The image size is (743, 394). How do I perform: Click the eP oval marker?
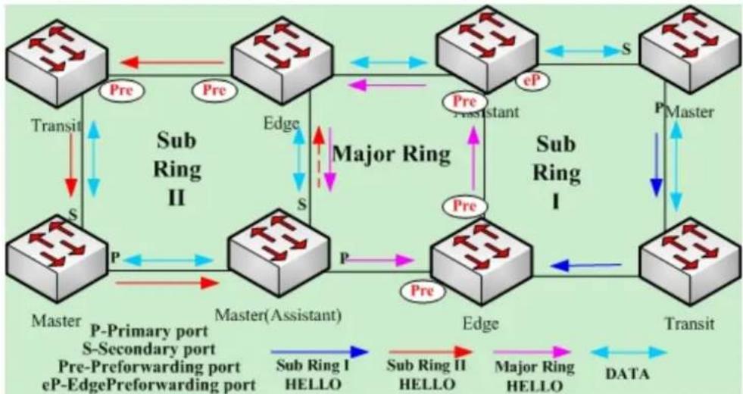tap(533, 80)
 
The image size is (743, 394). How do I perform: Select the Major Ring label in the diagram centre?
tap(392, 154)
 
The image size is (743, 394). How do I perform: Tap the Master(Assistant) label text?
tap(278, 316)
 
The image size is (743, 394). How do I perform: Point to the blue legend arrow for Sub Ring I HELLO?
tap(320, 352)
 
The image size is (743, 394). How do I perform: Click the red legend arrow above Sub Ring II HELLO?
tap(430, 352)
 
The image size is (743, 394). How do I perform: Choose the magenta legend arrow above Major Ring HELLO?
tap(532, 352)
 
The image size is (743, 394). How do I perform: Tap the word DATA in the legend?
tap(628, 374)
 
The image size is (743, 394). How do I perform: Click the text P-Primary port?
tap(148, 331)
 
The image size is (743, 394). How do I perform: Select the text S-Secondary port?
tap(148, 349)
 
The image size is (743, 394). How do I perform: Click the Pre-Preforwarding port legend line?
tap(149, 367)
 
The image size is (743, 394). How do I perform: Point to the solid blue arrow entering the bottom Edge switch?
tap(586, 266)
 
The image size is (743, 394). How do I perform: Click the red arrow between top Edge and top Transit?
tap(172, 62)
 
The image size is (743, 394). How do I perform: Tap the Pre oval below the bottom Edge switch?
tap(423, 290)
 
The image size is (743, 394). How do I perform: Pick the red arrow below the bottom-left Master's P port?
tap(167, 283)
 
